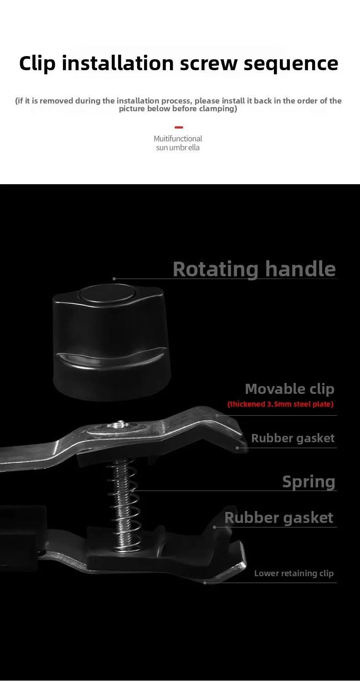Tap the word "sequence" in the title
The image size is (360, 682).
click(x=291, y=63)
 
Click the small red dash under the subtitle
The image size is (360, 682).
click(x=179, y=127)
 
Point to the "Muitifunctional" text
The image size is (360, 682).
click(x=178, y=139)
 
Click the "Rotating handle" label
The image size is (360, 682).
click(x=254, y=269)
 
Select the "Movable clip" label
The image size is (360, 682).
click(x=289, y=389)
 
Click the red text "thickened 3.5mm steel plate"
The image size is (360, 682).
click(x=281, y=404)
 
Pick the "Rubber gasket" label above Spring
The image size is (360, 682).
click(x=293, y=438)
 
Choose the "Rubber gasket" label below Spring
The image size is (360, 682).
click(x=278, y=518)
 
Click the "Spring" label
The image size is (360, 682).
click(x=309, y=481)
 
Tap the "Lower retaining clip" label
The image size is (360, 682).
click(x=293, y=573)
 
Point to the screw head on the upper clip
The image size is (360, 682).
click(x=120, y=425)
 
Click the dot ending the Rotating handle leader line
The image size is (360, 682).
click(x=114, y=279)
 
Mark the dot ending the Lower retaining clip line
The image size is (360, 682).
click(x=205, y=583)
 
